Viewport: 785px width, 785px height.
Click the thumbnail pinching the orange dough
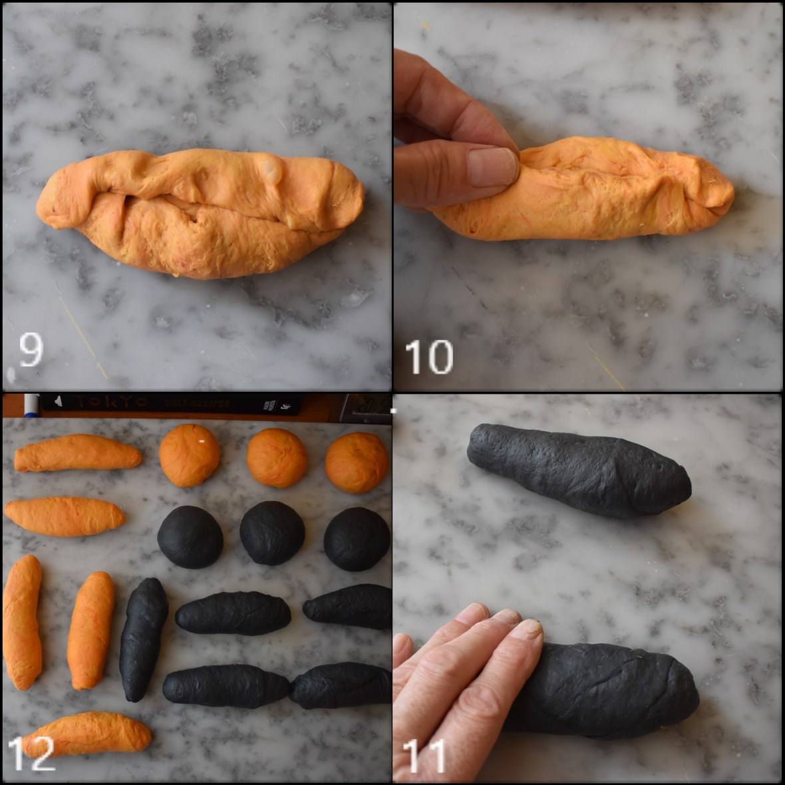492,166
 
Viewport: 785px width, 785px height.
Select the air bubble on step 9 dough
273,168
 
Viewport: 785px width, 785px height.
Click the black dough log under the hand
612,692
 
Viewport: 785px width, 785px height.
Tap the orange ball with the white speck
190,455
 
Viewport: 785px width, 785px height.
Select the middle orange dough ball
277,458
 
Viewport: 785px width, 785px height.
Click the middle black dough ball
273,532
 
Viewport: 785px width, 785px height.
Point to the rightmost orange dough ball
357,462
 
